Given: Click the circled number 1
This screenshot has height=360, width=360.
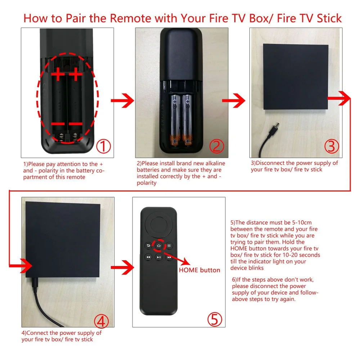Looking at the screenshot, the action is [x=103, y=146].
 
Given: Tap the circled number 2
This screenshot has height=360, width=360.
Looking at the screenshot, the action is [x=216, y=146].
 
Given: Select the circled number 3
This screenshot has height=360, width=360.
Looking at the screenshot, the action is [x=332, y=146].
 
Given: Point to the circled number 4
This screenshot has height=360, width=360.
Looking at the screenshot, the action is [x=101, y=321].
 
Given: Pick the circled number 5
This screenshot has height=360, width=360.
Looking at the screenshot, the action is [x=215, y=319].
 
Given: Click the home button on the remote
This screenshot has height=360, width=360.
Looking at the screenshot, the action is [x=159, y=246].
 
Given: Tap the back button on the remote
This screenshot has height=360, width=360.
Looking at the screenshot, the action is [x=148, y=246].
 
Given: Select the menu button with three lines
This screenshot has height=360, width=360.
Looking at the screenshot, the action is [x=169, y=246].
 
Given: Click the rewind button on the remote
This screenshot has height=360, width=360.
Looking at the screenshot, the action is [x=148, y=257].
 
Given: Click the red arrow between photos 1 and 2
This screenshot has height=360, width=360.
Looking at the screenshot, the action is [x=122, y=100].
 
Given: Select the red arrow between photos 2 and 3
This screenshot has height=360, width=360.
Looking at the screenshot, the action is [x=234, y=100].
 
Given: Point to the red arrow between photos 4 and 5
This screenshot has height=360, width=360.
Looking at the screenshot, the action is [x=122, y=267].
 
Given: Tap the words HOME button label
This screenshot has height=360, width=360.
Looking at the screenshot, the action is [x=199, y=270].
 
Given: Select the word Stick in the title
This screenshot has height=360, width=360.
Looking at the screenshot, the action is [x=329, y=18].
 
